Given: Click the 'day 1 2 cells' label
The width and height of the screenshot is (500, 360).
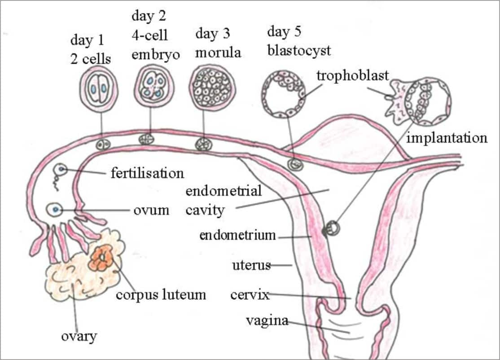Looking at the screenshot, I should [x=91, y=49].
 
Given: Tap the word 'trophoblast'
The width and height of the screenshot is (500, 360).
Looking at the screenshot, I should [x=352, y=75].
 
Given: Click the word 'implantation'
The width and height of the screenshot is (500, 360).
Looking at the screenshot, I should [x=446, y=138].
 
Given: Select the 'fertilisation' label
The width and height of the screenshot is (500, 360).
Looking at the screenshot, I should [x=147, y=173].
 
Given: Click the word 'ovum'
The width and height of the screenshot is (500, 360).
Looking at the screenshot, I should [x=151, y=210].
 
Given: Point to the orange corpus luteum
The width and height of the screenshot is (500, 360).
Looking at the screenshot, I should [x=103, y=258].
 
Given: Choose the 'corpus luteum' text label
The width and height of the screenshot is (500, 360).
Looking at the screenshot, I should [x=161, y=294].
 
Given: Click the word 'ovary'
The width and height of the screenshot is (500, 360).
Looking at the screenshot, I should [x=79, y=336].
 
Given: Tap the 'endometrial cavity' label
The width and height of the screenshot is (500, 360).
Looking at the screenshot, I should [x=223, y=200].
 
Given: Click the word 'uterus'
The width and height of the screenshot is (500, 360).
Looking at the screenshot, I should [x=251, y=265].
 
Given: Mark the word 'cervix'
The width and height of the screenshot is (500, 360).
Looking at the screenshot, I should [x=250, y=295].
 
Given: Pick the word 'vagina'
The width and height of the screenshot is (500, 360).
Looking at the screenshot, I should [x=267, y=321].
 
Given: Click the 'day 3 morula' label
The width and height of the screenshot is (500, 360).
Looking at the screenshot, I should [x=218, y=43].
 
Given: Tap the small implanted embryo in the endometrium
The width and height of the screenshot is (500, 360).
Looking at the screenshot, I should [x=333, y=228].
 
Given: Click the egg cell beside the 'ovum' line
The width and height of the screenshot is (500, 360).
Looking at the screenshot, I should [x=55, y=209].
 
